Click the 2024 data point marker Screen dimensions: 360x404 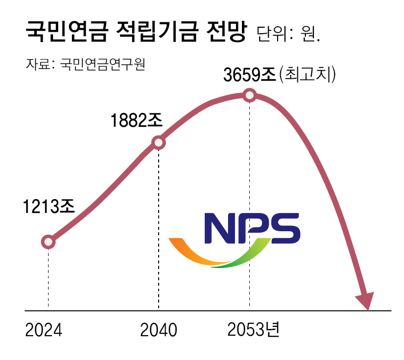pos(48,242)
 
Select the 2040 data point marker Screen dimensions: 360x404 pos(159,143)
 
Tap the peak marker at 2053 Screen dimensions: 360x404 pos(250,95)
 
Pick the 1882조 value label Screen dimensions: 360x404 pos(136,120)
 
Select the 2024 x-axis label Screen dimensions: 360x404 pos(44,330)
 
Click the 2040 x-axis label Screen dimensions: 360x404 pos(159,330)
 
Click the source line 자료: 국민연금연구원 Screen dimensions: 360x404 pos(85,64)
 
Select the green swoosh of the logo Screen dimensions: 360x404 pos(243,257)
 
